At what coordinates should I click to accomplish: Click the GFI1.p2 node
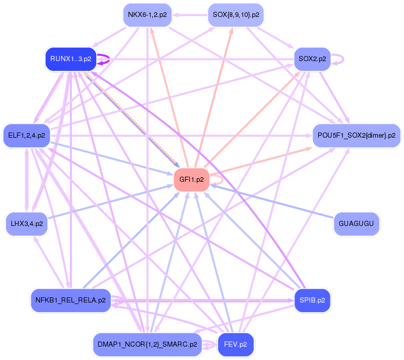coord(192,180)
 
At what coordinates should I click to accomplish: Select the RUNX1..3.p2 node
coord(71,59)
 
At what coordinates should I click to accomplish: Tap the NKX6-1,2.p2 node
coord(148,15)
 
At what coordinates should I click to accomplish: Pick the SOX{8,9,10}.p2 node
coord(235,15)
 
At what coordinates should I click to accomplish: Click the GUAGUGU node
coord(356,224)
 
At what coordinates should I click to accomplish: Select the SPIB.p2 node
coord(312,300)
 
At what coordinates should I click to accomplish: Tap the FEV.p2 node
coord(236,345)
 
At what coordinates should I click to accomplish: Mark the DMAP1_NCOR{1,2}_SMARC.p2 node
coord(148,345)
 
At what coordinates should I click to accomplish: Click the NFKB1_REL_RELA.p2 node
coord(71,300)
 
